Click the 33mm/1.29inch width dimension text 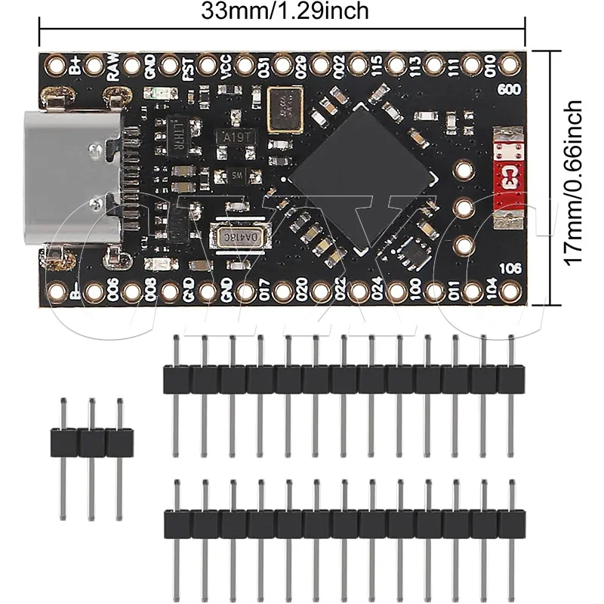pyautogui.click(x=285, y=12)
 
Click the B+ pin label pyautogui.click(x=75, y=66)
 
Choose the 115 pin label pyautogui.click(x=376, y=67)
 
